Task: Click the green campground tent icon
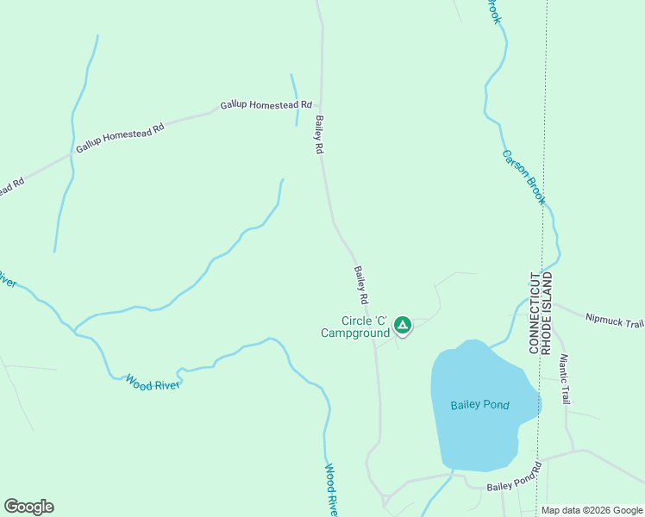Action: coord(402,325)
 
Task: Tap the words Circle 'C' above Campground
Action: coord(366,321)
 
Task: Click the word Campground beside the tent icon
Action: coord(355,333)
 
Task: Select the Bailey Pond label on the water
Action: coord(479,405)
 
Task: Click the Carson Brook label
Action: coord(523,178)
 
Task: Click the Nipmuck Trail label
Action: coord(614,321)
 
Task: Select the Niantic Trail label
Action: coord(564,379)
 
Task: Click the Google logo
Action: coord(28,507)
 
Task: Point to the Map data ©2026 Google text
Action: coord(592,510)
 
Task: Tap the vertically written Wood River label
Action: coord(331,489)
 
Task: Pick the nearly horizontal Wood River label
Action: coord(153,381)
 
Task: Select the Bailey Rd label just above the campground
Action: coord(361,285)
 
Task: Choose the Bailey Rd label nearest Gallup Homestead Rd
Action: coord(318,135)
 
